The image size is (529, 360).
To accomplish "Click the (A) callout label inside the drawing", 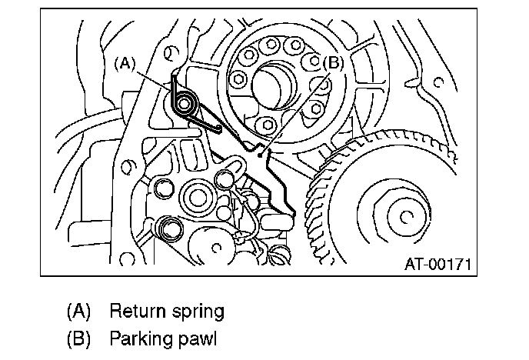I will point(125,65).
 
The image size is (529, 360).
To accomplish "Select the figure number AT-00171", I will point(438,265).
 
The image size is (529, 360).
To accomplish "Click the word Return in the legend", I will point(135,312).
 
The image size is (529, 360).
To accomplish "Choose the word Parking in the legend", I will point(138,337).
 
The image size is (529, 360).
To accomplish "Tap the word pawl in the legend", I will point(197,337).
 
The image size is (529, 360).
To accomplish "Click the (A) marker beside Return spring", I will point(78,312).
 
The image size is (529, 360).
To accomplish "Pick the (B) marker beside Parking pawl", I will point(78,337).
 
